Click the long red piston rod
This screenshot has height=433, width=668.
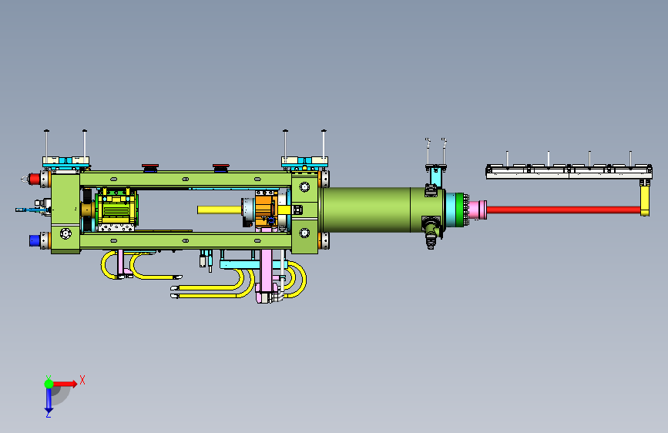[563, 210]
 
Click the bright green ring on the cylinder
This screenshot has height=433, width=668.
[460, 210]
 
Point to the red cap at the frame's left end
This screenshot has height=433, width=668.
[35, 179]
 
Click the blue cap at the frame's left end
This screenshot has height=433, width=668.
[35, 240]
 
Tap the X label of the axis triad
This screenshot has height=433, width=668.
[82, 380]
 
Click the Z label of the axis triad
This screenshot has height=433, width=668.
[48, 414]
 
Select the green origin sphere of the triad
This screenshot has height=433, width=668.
[49, 384]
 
